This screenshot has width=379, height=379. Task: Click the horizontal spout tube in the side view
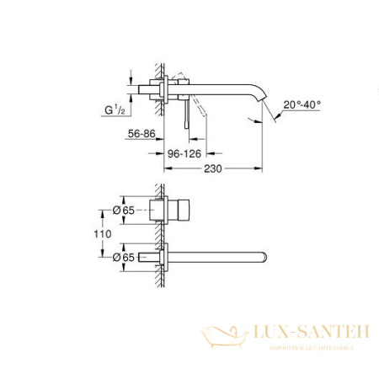click(x=219, y=83)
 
